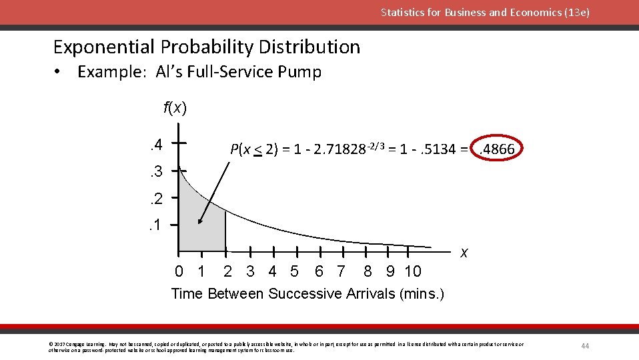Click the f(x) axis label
[x=175, y=107]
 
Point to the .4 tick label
[x=156, y=143]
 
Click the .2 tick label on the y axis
[x=156, y=198]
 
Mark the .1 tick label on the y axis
[x=156, y=225]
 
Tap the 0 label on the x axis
[x=179, y=271]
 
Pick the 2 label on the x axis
[x=227, y=271]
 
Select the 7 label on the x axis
[x=342, y=271]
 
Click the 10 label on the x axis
[x=413, y=271]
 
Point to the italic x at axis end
[x=464, y=253]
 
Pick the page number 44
[x=585, y=345]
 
